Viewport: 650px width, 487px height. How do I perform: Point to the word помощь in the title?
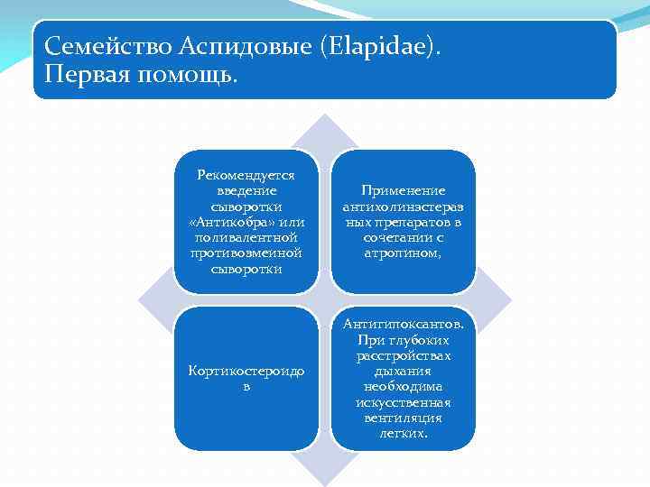click(191, 74)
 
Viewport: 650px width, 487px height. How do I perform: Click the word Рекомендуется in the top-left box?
click(246, 177)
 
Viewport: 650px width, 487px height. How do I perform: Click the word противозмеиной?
click(246, 253)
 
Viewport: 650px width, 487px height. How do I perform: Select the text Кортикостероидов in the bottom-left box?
click(246, 377)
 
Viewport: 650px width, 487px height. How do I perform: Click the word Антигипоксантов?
click(402, 325)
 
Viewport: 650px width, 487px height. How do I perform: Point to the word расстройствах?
click(403, 355)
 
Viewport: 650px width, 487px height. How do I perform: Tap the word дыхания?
click(403, 371)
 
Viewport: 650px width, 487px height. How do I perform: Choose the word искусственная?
click(403, 402)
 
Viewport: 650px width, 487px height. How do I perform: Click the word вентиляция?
click(403, 418)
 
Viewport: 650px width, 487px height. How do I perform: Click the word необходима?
click(403, 386)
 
